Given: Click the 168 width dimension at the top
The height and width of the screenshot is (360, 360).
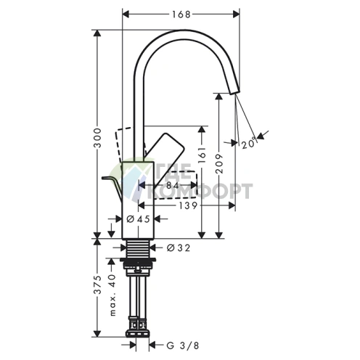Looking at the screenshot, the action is click(181, 15).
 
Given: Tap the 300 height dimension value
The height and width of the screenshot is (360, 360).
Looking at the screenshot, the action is click(98, 138).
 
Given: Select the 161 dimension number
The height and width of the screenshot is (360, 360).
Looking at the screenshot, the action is click(202, 155).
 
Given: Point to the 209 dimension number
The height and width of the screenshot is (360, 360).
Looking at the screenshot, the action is click(219, 163).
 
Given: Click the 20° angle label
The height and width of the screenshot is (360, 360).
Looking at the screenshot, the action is click(248, 143).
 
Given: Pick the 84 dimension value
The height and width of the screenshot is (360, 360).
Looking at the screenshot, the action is click(173, 186).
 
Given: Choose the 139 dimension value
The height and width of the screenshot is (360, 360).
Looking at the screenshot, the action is click(188, 205).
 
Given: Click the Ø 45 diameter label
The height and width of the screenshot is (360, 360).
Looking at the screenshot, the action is click(139, 219).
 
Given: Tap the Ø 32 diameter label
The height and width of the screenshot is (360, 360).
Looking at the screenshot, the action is click(179, 247).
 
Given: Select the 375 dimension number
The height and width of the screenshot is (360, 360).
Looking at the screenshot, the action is click(98, 285).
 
